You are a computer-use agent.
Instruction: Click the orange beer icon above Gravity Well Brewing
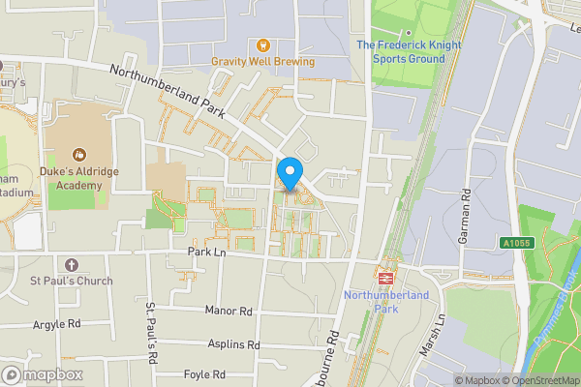(261, 45)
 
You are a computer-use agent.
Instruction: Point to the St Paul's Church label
(71, 281)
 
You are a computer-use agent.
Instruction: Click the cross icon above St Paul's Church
(71, 264)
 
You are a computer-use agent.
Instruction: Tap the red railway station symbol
(384, 275)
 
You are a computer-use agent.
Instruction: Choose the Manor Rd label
(229, 311)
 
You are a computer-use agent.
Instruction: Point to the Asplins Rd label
(233, 343)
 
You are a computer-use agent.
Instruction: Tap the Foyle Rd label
(204, 373)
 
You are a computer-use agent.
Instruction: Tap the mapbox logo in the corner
(43, 374)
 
